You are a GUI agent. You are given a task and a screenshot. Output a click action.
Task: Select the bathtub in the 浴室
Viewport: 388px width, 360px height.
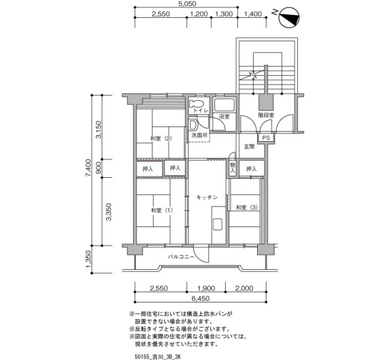click(224, 105)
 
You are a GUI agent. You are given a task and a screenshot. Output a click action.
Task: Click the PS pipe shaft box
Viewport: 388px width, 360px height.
click(266, 138)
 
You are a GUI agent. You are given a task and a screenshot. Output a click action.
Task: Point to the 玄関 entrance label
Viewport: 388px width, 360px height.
click(249, 147)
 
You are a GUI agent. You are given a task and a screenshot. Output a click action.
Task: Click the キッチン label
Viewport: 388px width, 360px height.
click(207, 197)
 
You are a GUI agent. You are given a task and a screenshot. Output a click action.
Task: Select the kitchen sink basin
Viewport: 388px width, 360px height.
click(217, 224)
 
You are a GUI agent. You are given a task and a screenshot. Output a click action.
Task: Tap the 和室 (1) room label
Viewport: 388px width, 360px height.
click(162, 210)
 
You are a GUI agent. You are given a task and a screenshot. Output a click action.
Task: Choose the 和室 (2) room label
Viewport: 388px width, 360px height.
click(161, 138)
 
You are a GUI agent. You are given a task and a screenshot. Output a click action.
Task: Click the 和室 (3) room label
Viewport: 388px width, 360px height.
click(247, 207)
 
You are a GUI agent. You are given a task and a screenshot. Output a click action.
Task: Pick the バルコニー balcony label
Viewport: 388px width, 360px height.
click(181, 256)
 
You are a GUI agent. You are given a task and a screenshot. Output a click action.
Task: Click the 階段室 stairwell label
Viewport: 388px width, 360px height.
click(266, 115)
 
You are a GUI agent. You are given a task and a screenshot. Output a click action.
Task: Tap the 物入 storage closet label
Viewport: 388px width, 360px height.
click(233, 167)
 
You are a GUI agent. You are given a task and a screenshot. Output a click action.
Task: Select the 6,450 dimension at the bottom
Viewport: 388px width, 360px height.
click(200, 299)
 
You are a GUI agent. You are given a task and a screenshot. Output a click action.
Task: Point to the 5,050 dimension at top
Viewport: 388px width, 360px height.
click(187, 4)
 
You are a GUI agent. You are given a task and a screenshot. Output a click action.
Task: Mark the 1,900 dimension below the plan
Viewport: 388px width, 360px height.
click(206, 289)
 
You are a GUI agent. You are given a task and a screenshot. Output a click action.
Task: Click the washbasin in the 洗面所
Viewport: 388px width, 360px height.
click(193, 125)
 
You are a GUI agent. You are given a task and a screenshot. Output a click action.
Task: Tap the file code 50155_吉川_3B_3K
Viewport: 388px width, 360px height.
click(158, 357)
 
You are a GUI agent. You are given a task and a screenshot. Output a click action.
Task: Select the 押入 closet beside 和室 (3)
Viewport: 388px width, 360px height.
click(252, 169)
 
